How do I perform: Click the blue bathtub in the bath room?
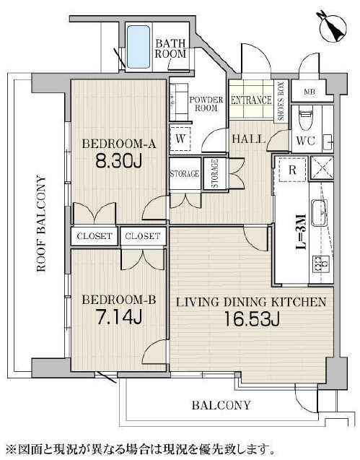click(139, 47)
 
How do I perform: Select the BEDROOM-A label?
click(118, 144)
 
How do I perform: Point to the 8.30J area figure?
click(119, 161)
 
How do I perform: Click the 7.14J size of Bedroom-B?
click(119, 317)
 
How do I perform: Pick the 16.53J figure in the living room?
click(251, 319)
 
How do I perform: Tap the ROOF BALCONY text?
click(41, 224)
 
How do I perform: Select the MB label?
click(309, 92)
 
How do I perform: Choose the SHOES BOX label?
click(281, 102)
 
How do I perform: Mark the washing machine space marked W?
click(180, 139)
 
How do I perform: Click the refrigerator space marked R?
click(292, 170)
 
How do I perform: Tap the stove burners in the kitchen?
click(321, 263)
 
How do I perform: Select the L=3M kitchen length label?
click(301, 232)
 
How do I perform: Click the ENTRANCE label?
click(251, 100)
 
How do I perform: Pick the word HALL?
click(249, 139)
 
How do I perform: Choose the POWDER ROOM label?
click(206, 104)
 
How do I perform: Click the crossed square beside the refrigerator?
click(322, 168)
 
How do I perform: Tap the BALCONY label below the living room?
click(221, 405)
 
